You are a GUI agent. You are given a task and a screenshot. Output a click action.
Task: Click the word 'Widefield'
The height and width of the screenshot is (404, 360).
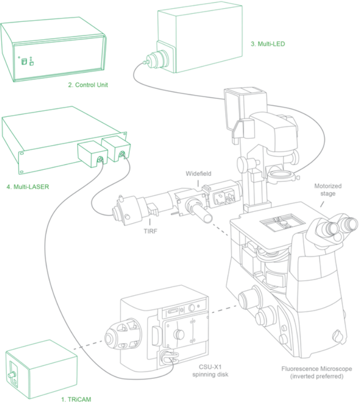[x=198, y=174]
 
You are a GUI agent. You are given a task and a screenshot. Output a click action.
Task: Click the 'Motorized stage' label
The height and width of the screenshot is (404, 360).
[x=328, y=189]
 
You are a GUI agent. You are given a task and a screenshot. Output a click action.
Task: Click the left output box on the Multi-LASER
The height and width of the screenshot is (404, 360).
[x=92, y=153]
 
